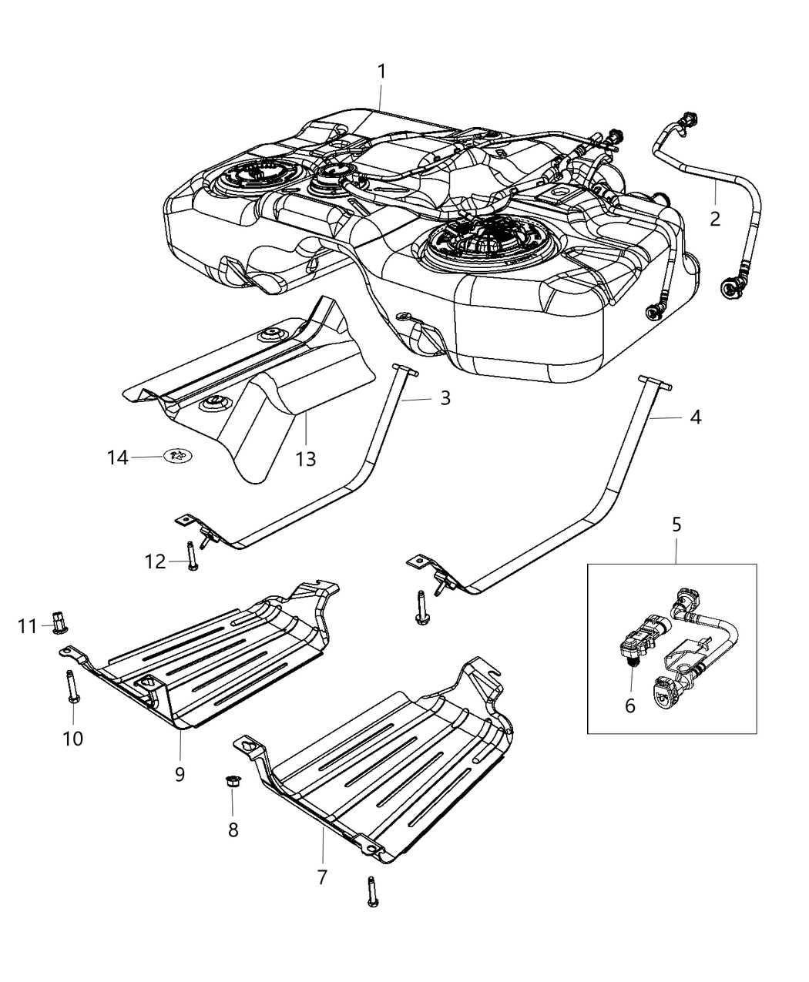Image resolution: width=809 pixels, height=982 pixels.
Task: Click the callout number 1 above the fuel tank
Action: coord(381,72)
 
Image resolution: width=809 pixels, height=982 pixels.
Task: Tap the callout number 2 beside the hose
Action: coord(715,219)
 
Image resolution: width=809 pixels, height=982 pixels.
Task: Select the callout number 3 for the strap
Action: coord(445,398)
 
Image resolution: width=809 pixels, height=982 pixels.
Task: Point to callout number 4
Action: coord(695,417)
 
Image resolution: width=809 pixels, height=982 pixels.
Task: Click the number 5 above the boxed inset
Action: coord(676,525)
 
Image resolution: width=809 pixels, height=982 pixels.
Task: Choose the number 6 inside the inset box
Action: coord(629,705)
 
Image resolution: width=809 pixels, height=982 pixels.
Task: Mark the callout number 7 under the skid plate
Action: coord(322,876)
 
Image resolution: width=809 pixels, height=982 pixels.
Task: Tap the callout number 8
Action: coord(233,829)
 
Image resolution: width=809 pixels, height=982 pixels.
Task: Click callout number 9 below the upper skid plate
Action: coord(180,773)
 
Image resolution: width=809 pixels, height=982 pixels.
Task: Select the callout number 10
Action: coord(72,739)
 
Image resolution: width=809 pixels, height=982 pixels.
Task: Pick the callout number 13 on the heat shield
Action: coord(306,459)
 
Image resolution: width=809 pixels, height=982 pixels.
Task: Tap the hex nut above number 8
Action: coord(231,783)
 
